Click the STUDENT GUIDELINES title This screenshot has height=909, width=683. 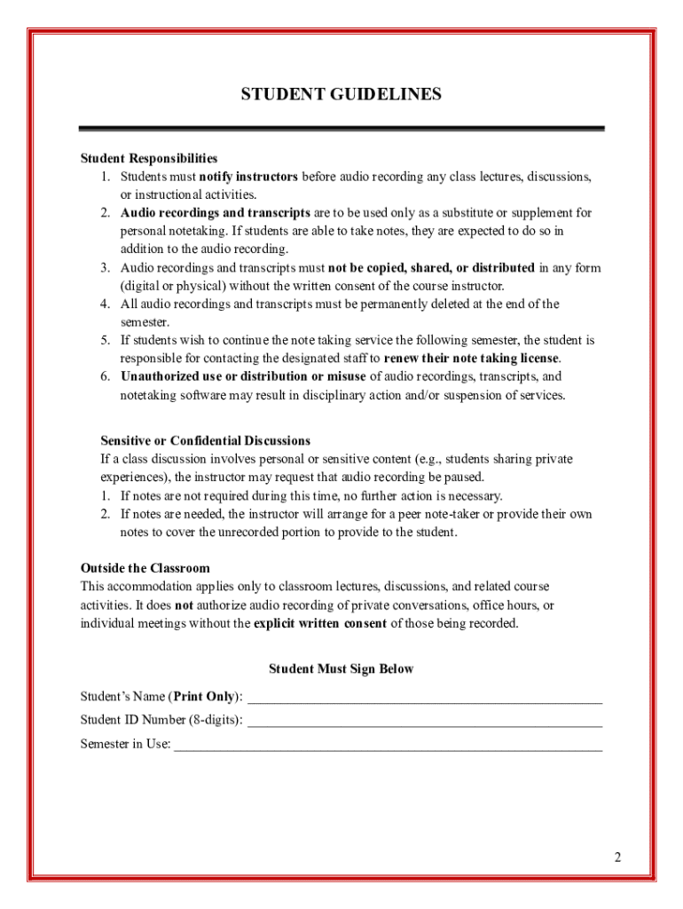click(x=341, y=94)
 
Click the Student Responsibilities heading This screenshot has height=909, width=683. click(x=149, y=159)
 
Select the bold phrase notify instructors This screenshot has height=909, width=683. click(x=248, y=177)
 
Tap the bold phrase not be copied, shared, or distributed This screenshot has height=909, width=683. click(x=431, y=268)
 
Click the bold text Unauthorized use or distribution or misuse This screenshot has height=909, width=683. click(x=243, y=377)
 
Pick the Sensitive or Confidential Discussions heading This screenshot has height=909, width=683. click(x=205, y=441)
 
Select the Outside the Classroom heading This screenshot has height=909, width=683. click(x=145, y=568)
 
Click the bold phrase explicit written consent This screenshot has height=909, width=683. click(x=320, y=623)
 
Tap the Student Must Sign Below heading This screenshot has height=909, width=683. click(x=341, y=669)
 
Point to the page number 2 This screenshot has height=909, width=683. click(x=617, y=858)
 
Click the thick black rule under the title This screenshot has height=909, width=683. click(x=341, y=129)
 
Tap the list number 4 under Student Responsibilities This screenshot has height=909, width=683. click(x=105, y=304)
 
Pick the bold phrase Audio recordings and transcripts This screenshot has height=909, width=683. click(x=216, y=213)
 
